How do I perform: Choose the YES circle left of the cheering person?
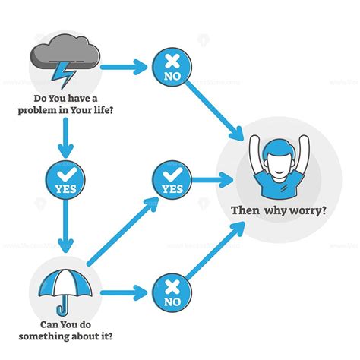click(172, 180)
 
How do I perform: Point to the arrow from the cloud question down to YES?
click(65, 137)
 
